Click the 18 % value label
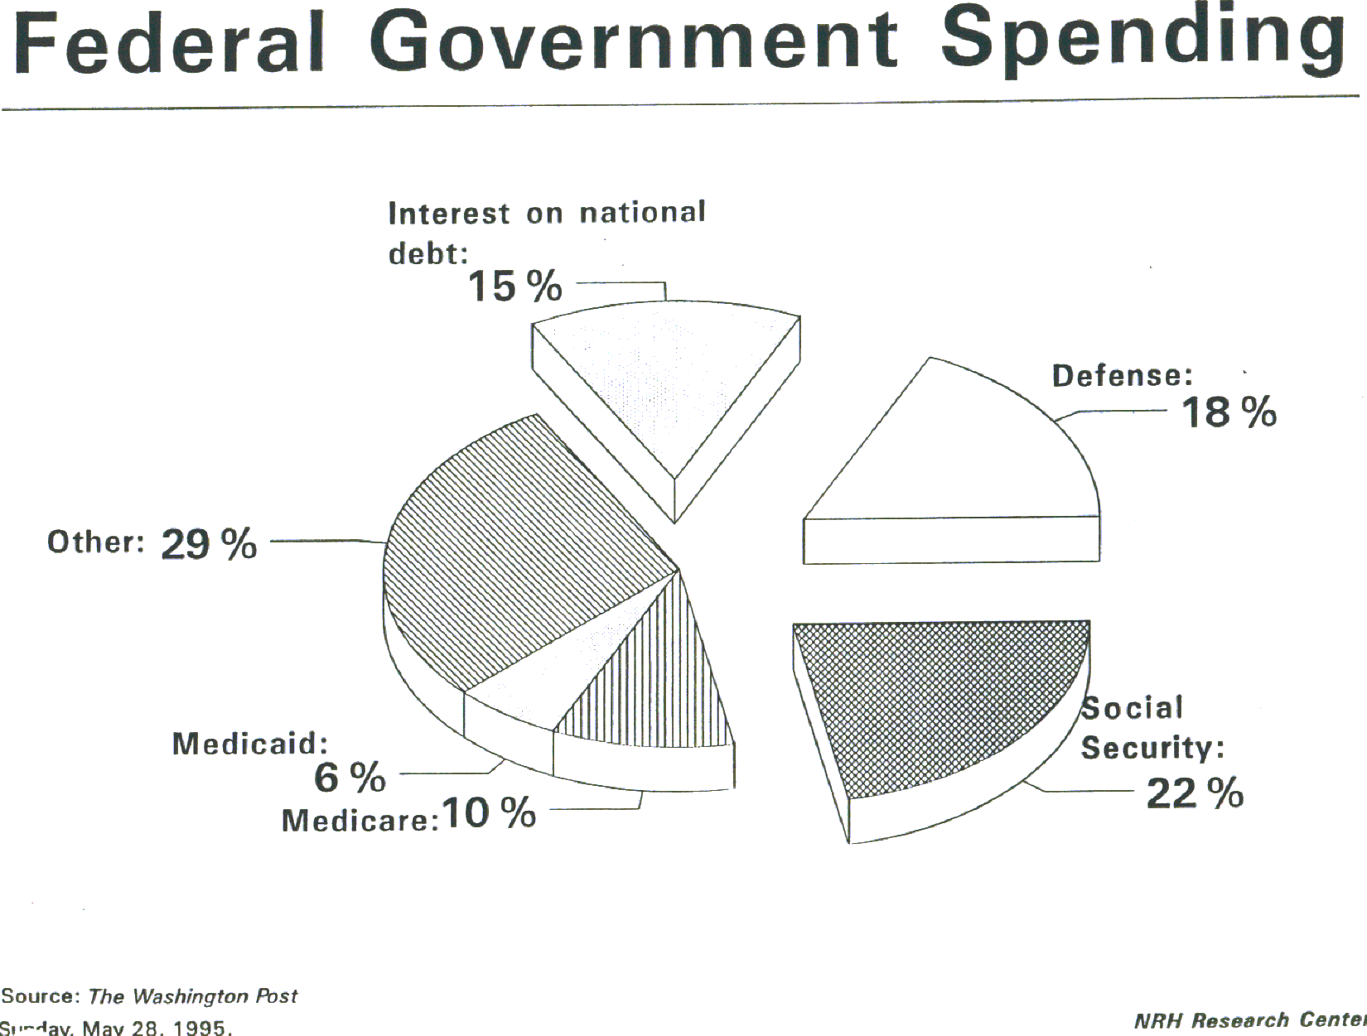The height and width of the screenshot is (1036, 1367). click(1229, 412)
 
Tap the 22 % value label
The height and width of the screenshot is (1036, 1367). click(1195, 793)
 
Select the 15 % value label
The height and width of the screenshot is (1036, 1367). click(514, 287)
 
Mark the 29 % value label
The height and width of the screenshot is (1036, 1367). click(209, 544)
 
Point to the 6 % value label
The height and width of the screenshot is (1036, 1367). click(350, 777)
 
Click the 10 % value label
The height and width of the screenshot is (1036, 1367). click(489, 813)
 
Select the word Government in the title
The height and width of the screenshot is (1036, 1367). click(634, 41)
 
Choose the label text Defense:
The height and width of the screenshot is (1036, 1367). click(1122, 376)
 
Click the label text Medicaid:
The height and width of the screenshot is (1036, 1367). click(249, 743)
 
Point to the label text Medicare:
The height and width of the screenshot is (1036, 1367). click(360, 821)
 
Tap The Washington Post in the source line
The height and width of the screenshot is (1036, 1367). click(192, 996)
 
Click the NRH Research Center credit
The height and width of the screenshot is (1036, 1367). click(1249, 1021)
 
